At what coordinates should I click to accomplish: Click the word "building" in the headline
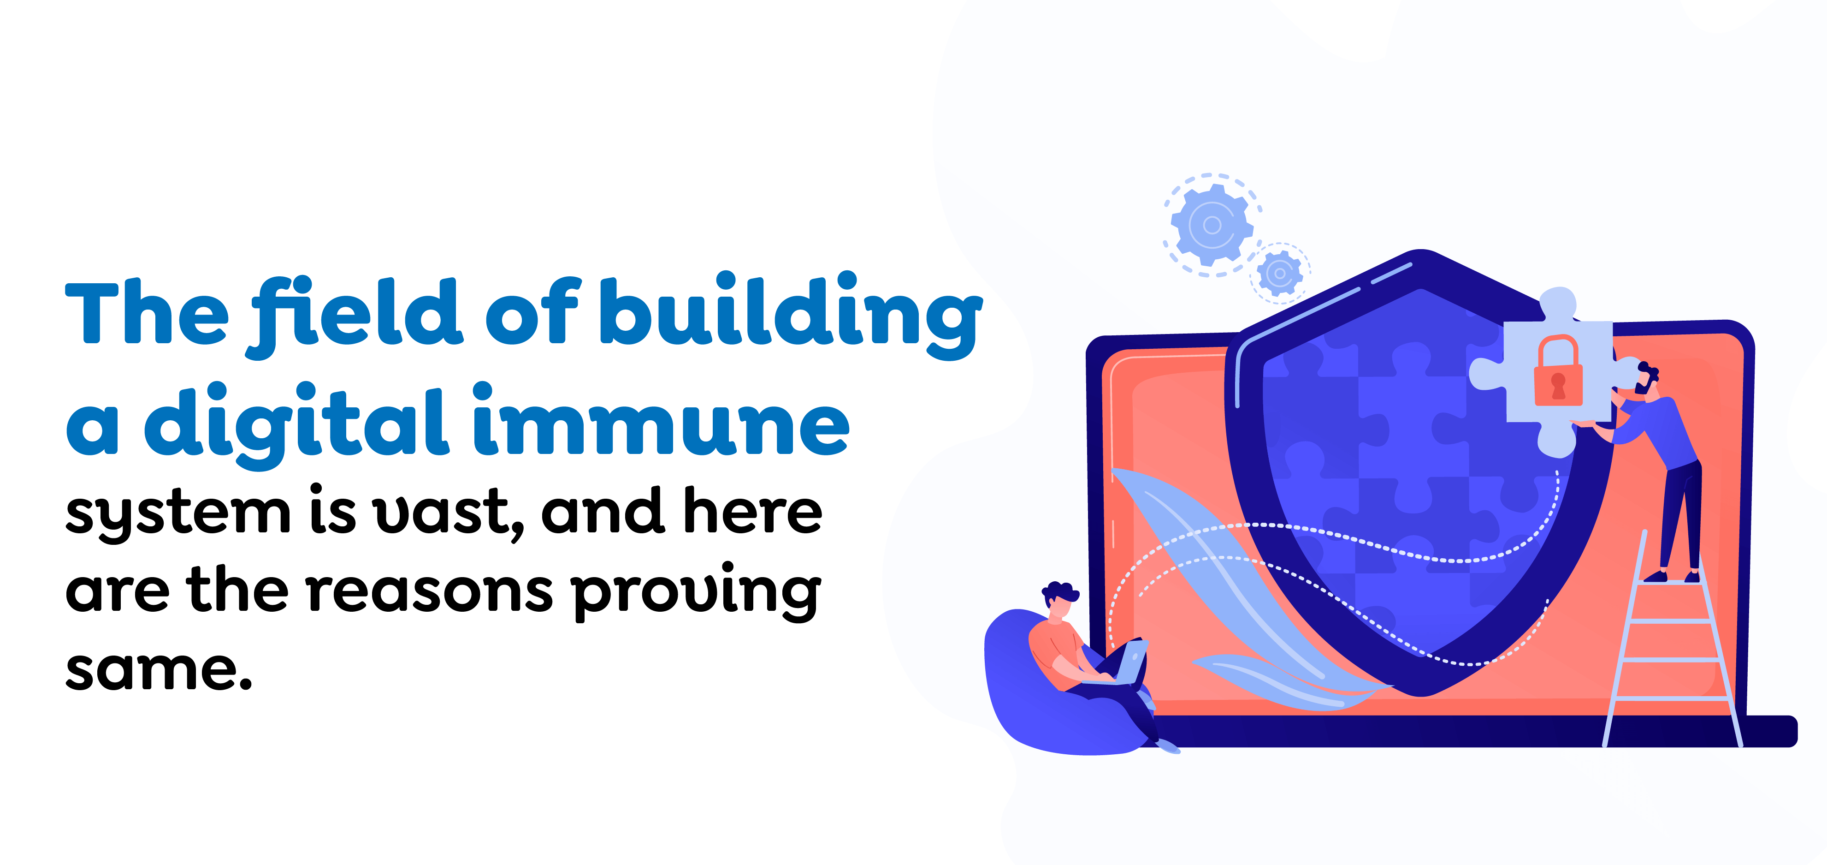[x=791, y=312]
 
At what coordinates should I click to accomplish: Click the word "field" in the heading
[x=355, y=312]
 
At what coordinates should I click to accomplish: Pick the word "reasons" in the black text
[x=429, y=591]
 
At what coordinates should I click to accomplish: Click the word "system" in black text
[x=177, y=513]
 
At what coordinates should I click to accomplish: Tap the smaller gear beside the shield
[x=1280, y=273]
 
